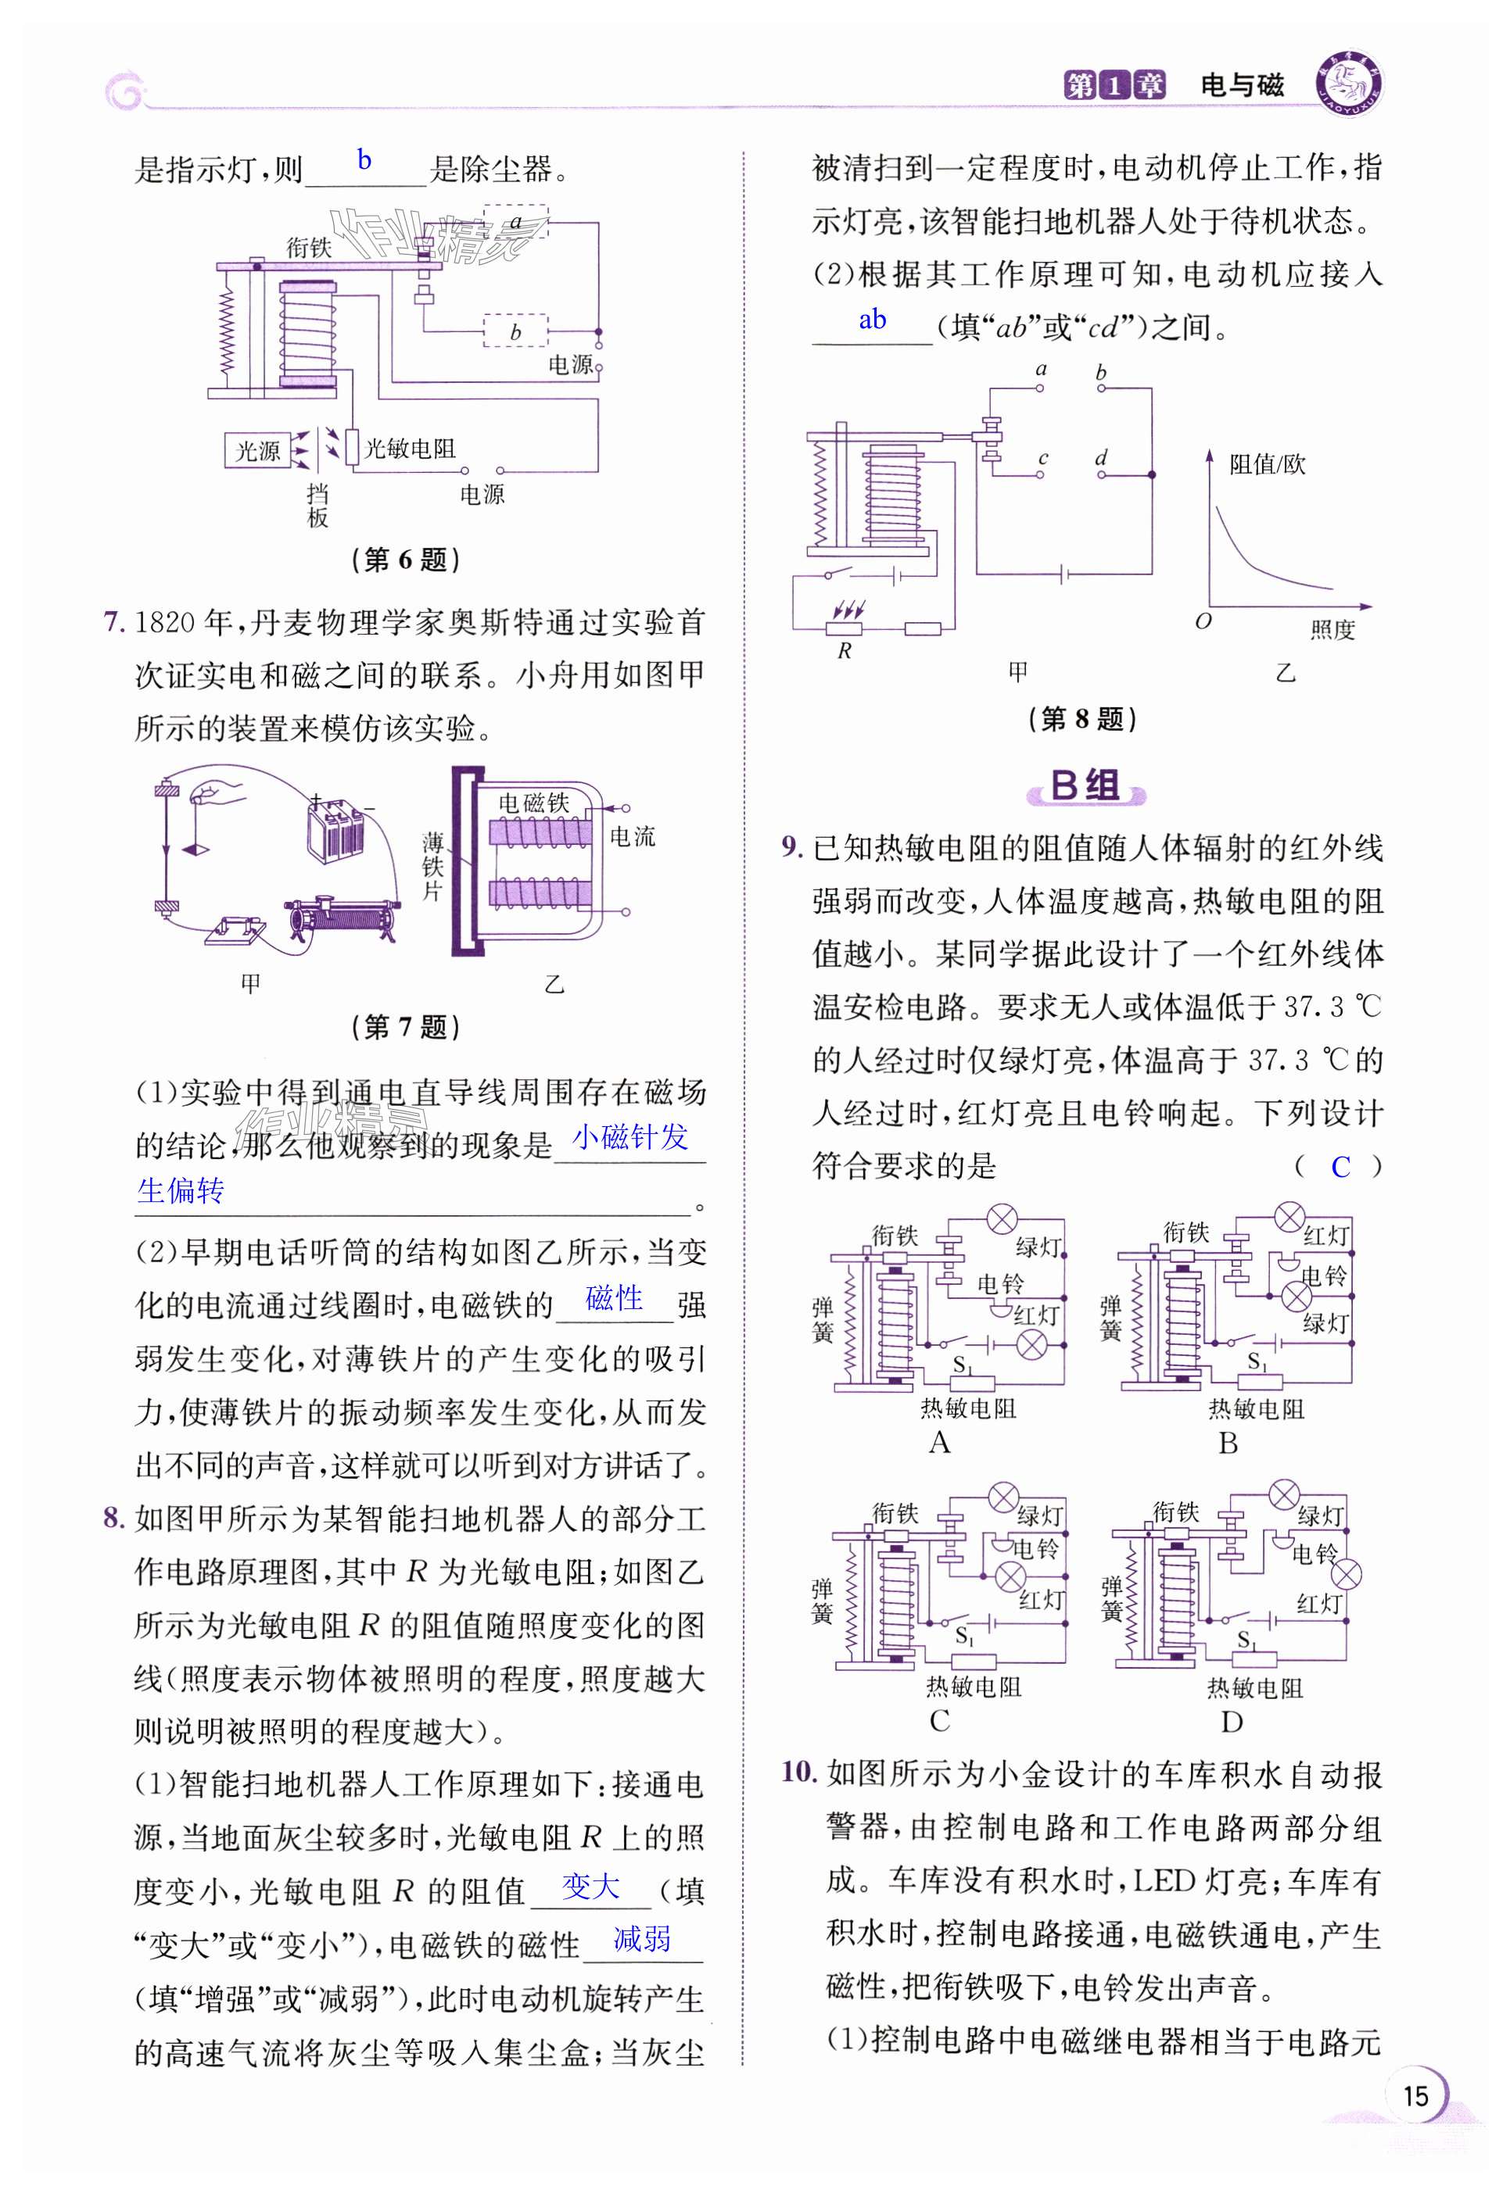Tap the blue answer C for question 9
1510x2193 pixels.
(x=1340, y=1167)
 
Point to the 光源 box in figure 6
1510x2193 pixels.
(x=257, y=450)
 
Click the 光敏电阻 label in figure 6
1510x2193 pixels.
(x=410, y=449)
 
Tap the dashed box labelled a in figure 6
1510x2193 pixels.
(x=515, y=222)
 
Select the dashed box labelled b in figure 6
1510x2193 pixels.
(x=515, y=331)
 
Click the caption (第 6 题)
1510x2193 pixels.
(x=405, y=560)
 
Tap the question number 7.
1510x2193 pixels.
(x=113, y=622)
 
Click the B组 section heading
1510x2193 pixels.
(x=1085, y=786)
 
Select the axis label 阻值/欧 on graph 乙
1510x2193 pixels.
(x=1267, y=464)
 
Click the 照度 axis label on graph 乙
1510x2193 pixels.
(x=1332, y=629)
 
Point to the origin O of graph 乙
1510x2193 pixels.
(x=1203, y=621)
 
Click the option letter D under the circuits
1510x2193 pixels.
(x=1231, y=1721)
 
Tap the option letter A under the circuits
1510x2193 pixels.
(x=938, y=1442)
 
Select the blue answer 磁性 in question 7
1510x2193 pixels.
(x=614, y=1297)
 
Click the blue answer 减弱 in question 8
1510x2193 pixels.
(x=643, y=1939)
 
